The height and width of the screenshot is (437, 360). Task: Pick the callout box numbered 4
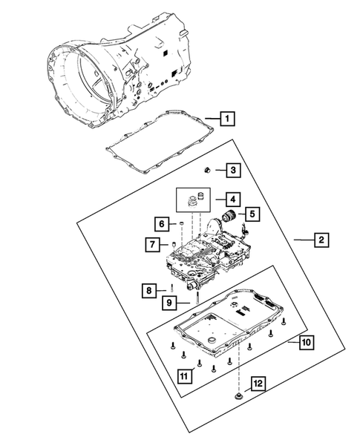pyautogui.click(x=232, y=199)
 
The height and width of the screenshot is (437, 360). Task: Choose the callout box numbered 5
pyautogui.click(x=252, y=214)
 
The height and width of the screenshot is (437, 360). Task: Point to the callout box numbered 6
pyautogui.click(x=160, y=223)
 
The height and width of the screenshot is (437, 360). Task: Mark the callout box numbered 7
pyautogui.click(x=151, y=243)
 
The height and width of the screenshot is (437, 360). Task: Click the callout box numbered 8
pyautogui.click(x=149, y=290)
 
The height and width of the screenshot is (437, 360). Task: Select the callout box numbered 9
pyautogui.click(x=169, y=302)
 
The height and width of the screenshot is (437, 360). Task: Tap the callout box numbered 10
pyautogui.click(x=304, y=342)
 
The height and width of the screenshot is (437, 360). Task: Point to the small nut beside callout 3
pyautogui.click(x=210, y=171)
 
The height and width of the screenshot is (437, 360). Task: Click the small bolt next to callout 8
pyautogui.click(x=171, y=288)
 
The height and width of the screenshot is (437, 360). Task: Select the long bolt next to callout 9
pyautogui.click(x=197, y=300)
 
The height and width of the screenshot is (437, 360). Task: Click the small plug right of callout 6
pyautogui.click(x=179, y=223)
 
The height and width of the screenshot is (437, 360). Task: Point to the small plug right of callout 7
pyautogui.click(x=172, y=243)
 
